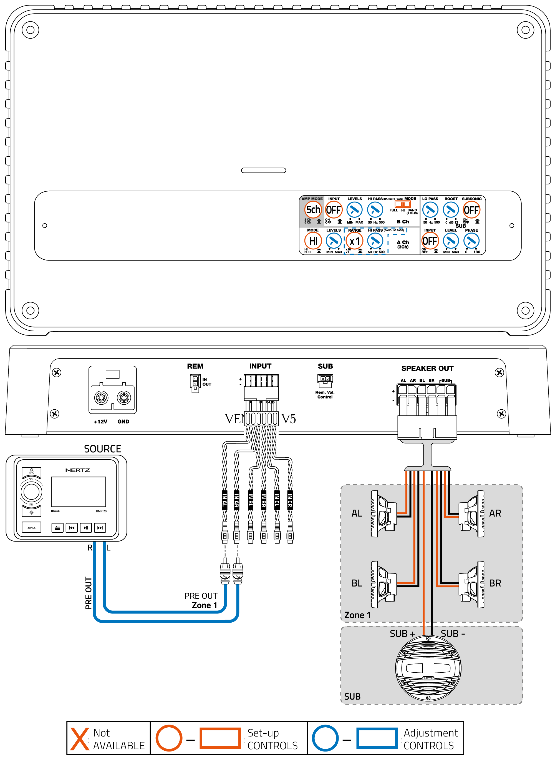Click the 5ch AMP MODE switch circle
point(313,210)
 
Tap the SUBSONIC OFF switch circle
point(471,210)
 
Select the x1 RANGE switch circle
point(354,241)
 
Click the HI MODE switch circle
point(313,241)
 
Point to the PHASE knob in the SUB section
point(471,241)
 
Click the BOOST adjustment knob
point(451,210)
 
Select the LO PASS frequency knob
point(430,210)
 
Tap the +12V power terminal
point(101,398)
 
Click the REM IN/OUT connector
point(195,383)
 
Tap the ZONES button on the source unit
point(32,527)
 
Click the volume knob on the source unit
point(32,492)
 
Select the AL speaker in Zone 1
point(383,513)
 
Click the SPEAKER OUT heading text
point(427,369)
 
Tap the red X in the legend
point(80,738)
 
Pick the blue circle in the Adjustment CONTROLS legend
point(325,738)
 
